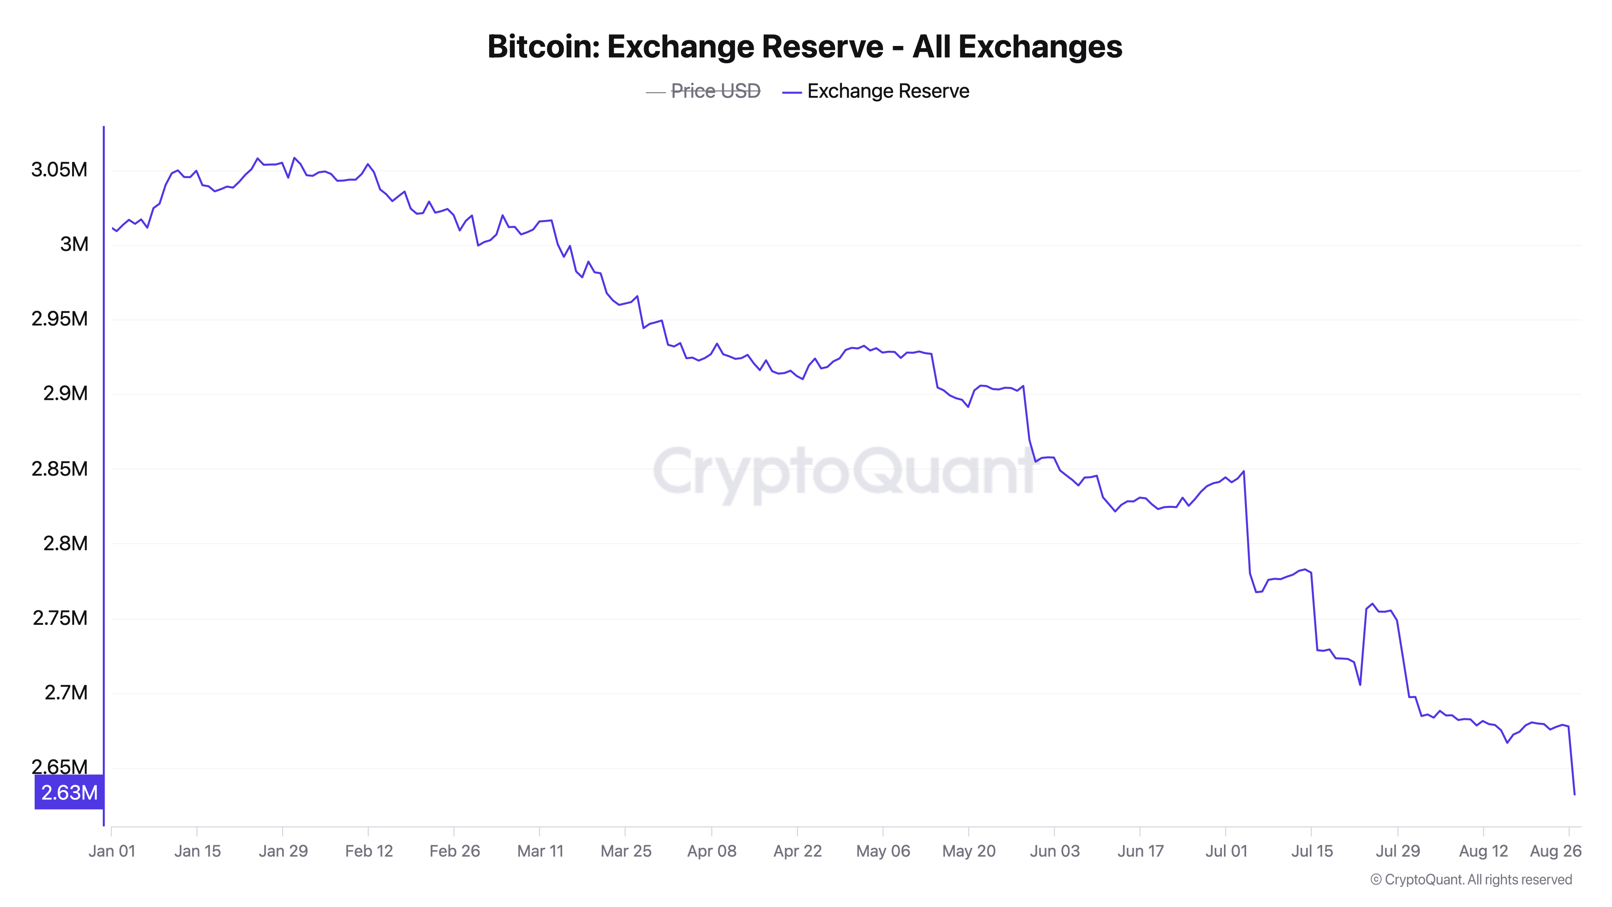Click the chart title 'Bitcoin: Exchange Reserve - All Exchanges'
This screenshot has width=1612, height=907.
(805, 47)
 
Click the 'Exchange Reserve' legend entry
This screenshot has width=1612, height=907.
(887, 92)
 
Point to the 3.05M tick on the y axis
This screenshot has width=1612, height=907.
(60, 170)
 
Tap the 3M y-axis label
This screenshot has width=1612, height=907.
(74, 244)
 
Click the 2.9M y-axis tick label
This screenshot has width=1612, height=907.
(65, 394)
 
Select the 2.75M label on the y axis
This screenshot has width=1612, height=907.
(60, 618)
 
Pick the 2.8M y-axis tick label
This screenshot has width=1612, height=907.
(65, 543)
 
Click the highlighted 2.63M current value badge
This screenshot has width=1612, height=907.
(69, 793)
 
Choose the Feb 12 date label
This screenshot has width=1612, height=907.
(369, 851)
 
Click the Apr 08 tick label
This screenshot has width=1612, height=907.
(712, 851)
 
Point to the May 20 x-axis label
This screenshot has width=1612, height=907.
(969, 851)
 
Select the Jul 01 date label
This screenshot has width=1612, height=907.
(1226, 851)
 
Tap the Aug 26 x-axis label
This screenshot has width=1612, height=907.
(1556, 851)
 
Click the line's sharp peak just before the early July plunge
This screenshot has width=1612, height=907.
(1243, 471)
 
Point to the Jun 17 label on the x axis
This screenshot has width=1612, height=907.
(1140, 851)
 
